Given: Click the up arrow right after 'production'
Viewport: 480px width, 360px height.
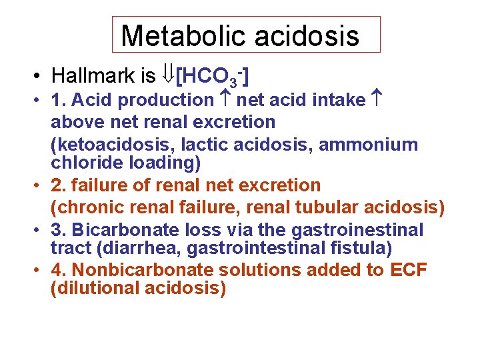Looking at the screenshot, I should tap(225, 101).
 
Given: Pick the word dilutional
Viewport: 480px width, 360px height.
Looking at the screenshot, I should tap(92, 288).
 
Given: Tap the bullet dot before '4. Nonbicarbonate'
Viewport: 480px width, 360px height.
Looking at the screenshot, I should tap(41, 271).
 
